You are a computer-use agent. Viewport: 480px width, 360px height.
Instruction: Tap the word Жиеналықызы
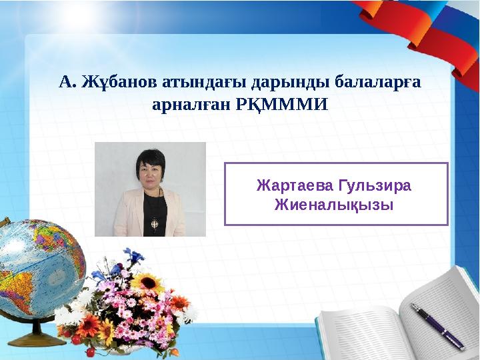[334, 205]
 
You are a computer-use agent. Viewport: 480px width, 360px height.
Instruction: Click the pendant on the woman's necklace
[155, 223]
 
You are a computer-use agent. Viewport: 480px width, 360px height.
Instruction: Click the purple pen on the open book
[437, 327]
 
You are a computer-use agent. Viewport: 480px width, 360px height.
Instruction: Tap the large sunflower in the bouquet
[148, 283]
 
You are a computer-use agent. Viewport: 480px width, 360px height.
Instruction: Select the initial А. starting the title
[68, 82]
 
